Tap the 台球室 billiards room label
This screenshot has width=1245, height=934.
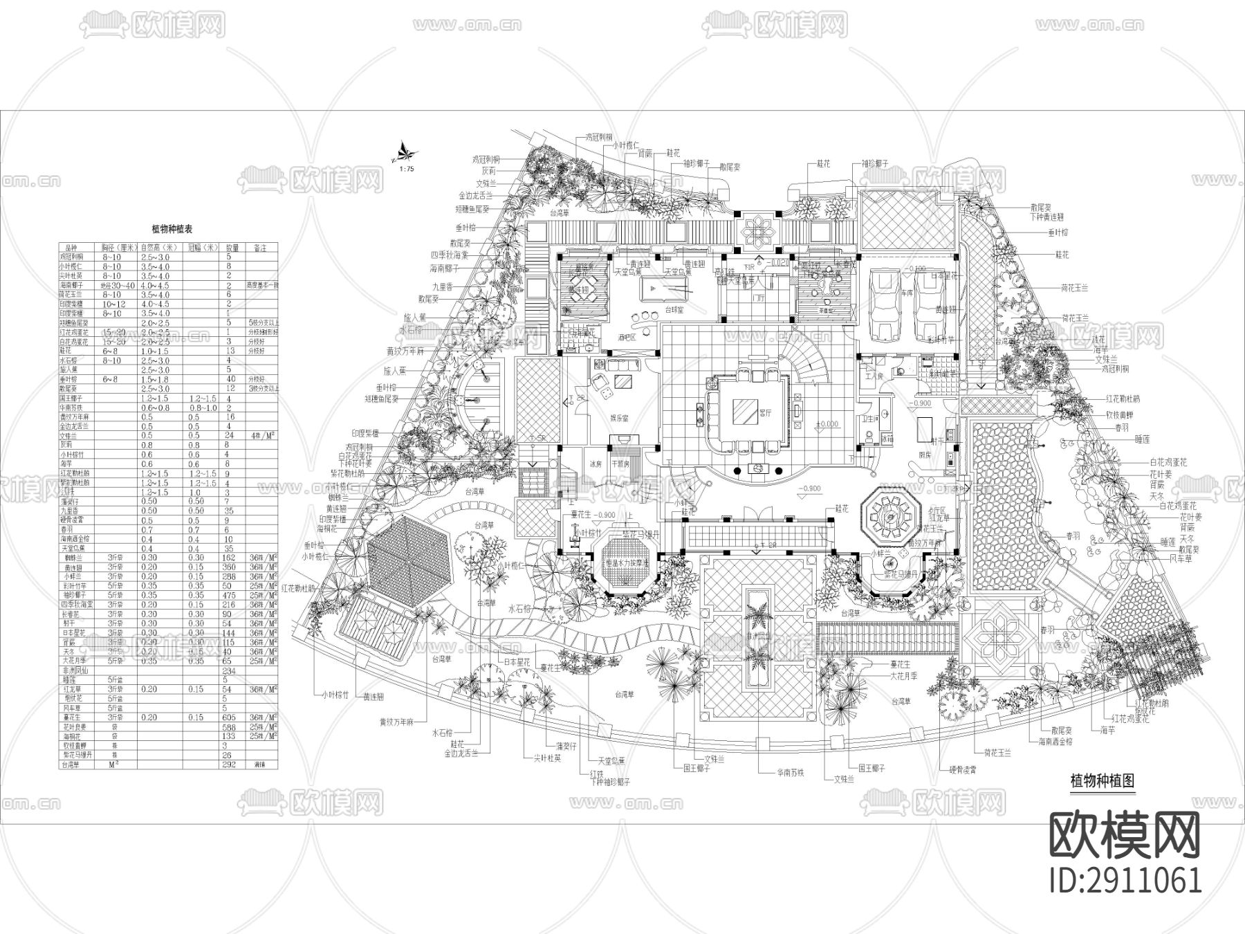[x=674, y=310]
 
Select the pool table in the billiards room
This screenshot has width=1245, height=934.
[x=664, y=288]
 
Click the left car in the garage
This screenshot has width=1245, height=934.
[x=884, y=306]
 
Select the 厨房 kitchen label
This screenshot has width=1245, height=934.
[x=925, y=454]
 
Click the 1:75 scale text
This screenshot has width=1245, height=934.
[x=406, y=169]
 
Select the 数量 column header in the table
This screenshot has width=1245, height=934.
[x=232, y=247]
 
